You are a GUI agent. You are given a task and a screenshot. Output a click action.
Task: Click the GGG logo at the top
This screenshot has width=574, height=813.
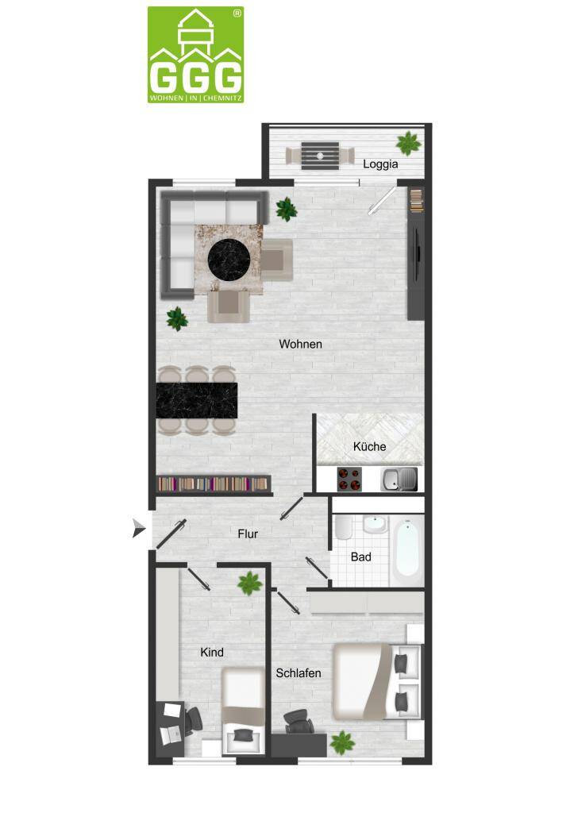195,55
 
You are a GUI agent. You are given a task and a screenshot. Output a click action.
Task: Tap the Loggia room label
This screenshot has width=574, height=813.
380,164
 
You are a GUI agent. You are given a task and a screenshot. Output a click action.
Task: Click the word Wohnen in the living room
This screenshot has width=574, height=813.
300,344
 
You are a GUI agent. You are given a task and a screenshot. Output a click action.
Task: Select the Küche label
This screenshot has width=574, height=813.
369,446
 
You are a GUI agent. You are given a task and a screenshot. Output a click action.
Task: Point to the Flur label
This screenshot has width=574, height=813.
248,534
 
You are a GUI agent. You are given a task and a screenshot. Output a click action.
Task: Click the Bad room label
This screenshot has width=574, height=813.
361,557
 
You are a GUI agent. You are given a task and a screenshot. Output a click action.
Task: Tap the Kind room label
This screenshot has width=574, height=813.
211,653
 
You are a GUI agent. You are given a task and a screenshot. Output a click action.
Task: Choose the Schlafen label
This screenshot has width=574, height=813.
299,673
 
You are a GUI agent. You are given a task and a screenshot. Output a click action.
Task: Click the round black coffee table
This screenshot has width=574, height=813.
229,259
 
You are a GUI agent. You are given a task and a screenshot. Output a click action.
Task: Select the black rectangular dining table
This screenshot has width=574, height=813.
197,400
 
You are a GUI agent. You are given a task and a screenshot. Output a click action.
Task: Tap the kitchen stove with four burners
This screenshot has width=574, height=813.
349,479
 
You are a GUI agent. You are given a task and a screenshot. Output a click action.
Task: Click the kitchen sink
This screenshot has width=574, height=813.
399,479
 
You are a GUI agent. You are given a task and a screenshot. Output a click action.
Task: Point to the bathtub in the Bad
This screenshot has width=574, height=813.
406,550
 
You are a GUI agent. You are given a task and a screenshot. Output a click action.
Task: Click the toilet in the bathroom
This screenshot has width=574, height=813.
343,527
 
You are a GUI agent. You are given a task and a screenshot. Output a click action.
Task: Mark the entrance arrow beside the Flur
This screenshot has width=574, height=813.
139,528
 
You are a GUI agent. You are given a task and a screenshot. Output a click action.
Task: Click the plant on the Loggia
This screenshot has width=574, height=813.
409,143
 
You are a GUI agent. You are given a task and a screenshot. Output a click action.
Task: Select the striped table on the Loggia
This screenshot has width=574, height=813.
321,156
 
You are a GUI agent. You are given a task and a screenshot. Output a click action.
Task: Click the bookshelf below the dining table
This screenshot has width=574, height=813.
214,484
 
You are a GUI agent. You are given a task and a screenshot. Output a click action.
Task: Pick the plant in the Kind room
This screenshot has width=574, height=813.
250,584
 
